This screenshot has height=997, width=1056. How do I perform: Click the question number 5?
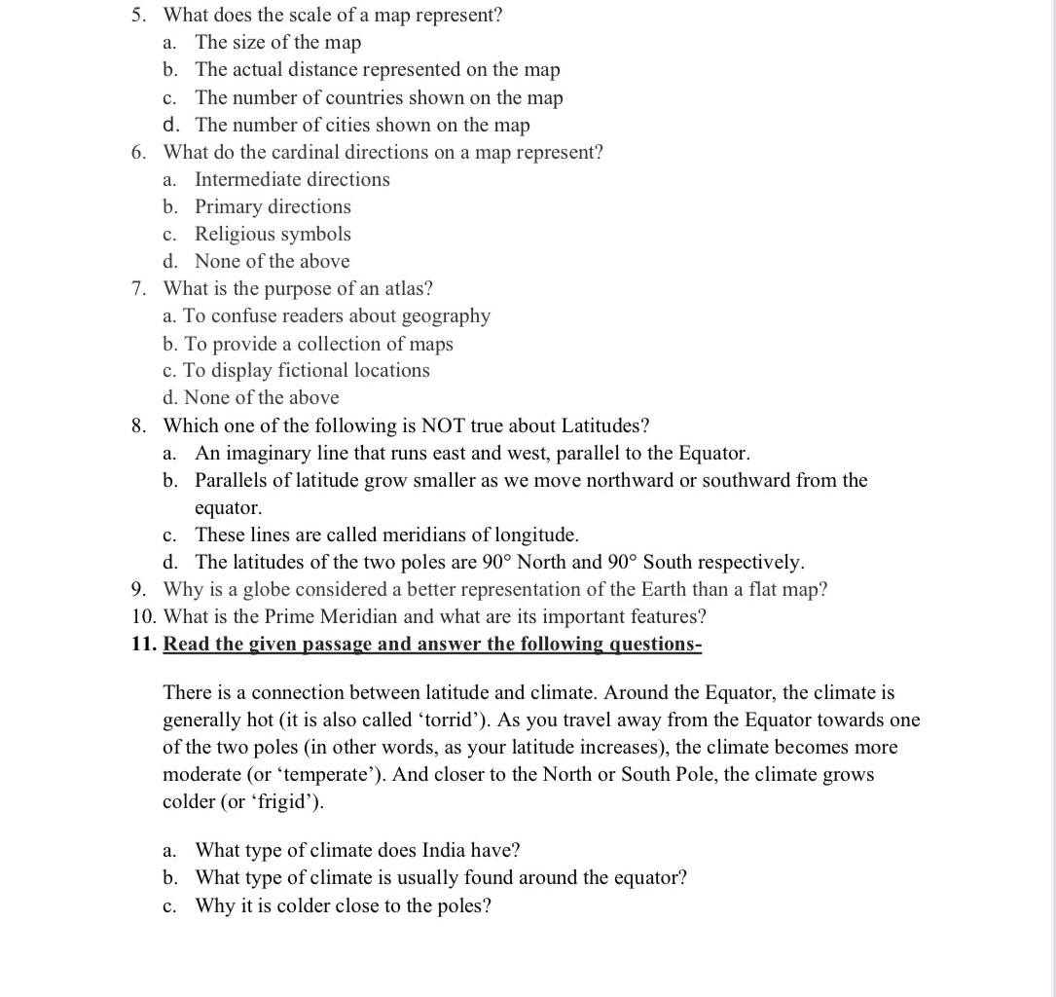point(139,15)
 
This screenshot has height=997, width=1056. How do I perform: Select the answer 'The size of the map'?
point(277,42)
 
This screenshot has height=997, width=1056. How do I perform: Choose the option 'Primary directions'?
point(273,206)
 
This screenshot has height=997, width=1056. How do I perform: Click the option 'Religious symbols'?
point(273,234)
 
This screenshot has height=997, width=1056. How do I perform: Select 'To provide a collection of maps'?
point(317,344)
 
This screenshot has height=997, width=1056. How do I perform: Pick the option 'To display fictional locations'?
point(306,370)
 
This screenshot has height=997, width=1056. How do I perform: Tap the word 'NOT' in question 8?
point(443,425)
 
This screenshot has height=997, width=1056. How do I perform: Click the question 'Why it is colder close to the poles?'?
point(343,905)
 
